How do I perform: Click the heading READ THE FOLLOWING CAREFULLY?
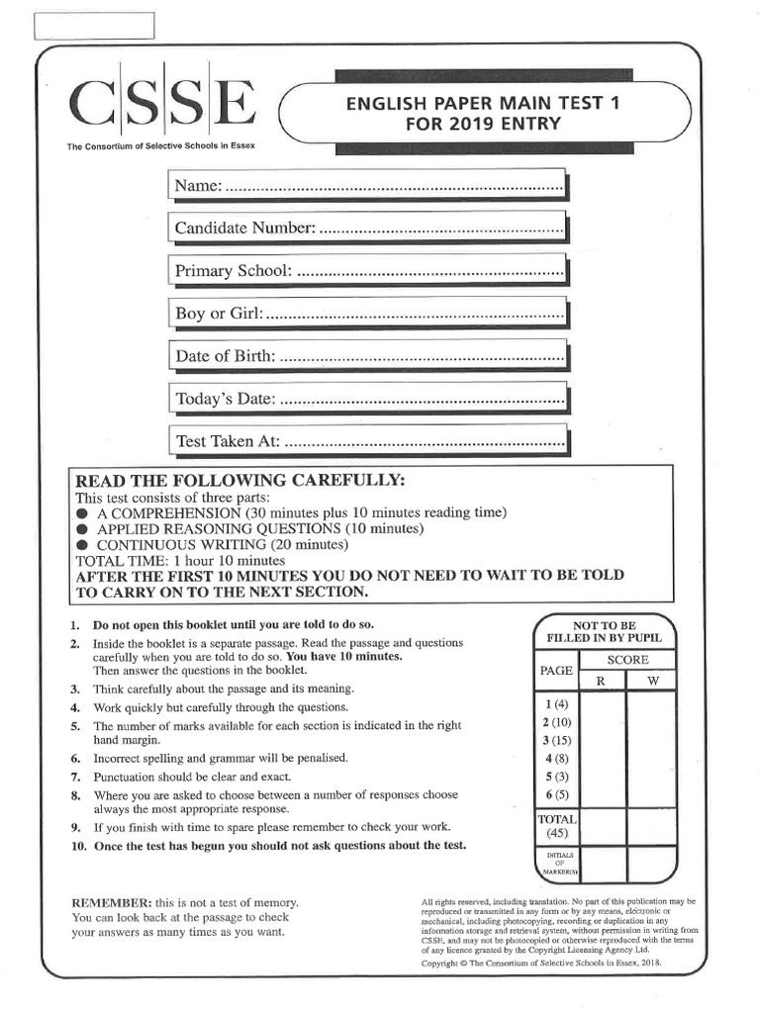coord(240,480)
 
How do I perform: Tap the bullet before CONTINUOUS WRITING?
coord(83,545)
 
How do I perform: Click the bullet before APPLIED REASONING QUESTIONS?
coord(83,529)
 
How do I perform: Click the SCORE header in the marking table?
coord(627,660)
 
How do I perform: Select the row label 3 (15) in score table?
coord(557,740)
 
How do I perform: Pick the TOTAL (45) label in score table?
coord(557,827)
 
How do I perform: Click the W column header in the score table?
coord(652,681)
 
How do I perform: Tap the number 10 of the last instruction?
coord(76,846)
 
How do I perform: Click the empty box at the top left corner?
coord(95,26)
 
